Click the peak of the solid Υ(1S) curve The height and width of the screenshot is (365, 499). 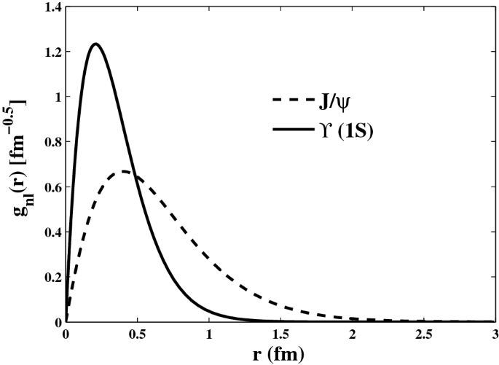pos(95,44)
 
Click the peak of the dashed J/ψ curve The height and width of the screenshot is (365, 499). pos(125,171)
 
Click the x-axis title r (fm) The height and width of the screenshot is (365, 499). pos(280,356)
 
